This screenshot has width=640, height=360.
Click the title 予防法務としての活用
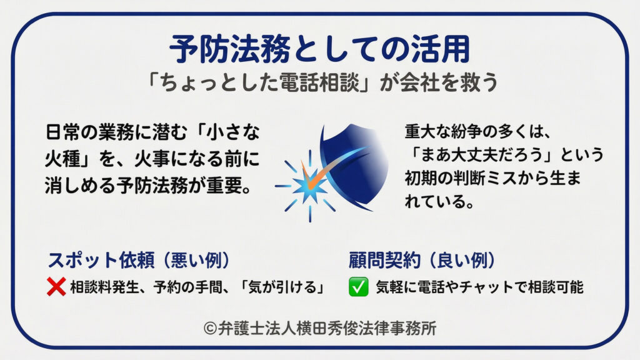click(x=319, y=49)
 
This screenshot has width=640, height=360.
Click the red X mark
click(x=57, y=287)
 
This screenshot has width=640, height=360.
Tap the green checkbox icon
click(x=357, y=287)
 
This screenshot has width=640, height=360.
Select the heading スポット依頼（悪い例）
click(x=138, y=261)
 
